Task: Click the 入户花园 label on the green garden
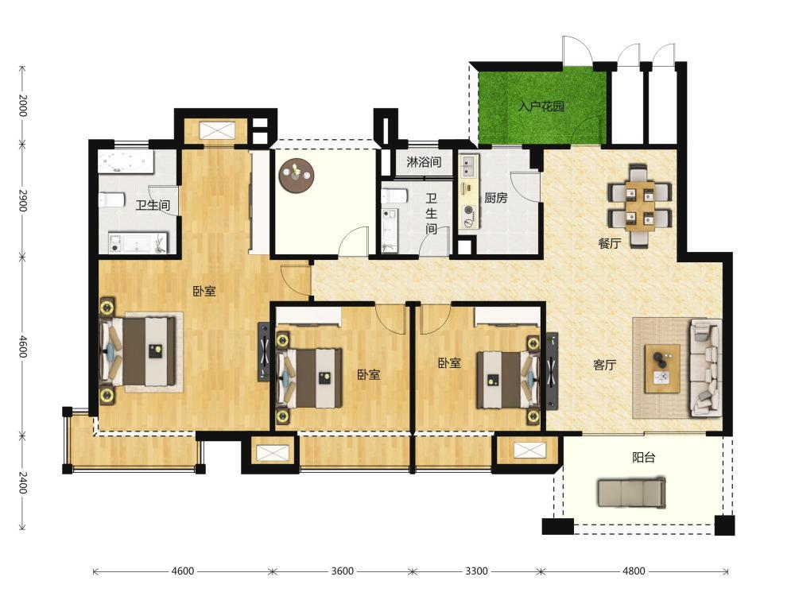pyautogui.click(x=541, y=106)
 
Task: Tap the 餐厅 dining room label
pyautogui.click(x=610, y=243)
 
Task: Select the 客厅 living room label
pyautogui.click(x=605, y=365)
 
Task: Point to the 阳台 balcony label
pyautogui.click(x=644, y=458)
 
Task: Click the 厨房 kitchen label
pyautogui.click(x=496, y=198)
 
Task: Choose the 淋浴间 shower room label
pyautogui.click(x=424, y=162)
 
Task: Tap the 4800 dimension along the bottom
pyautogui.click(x=634, y=571)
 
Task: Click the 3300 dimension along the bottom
pyautogui.click(x=476, y=571)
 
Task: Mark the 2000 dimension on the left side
pyautogui.click(x=22, y=106)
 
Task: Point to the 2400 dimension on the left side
pyautogui.click(x=22, y=482)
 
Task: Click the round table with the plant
pyautogui.click(x=297, y=176)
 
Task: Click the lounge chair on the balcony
pyautogui.click(x=631, y=493)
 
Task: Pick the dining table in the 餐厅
pyautogui.click(x=640, y=205)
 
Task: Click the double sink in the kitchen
pyautogui.click(x=468, y=166)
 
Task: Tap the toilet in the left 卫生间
pyautogui.click(x=112, y=199)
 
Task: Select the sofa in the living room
pyautogui.click(x=704, y=367)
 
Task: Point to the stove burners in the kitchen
pyautogui.click(x=468, y=214)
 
